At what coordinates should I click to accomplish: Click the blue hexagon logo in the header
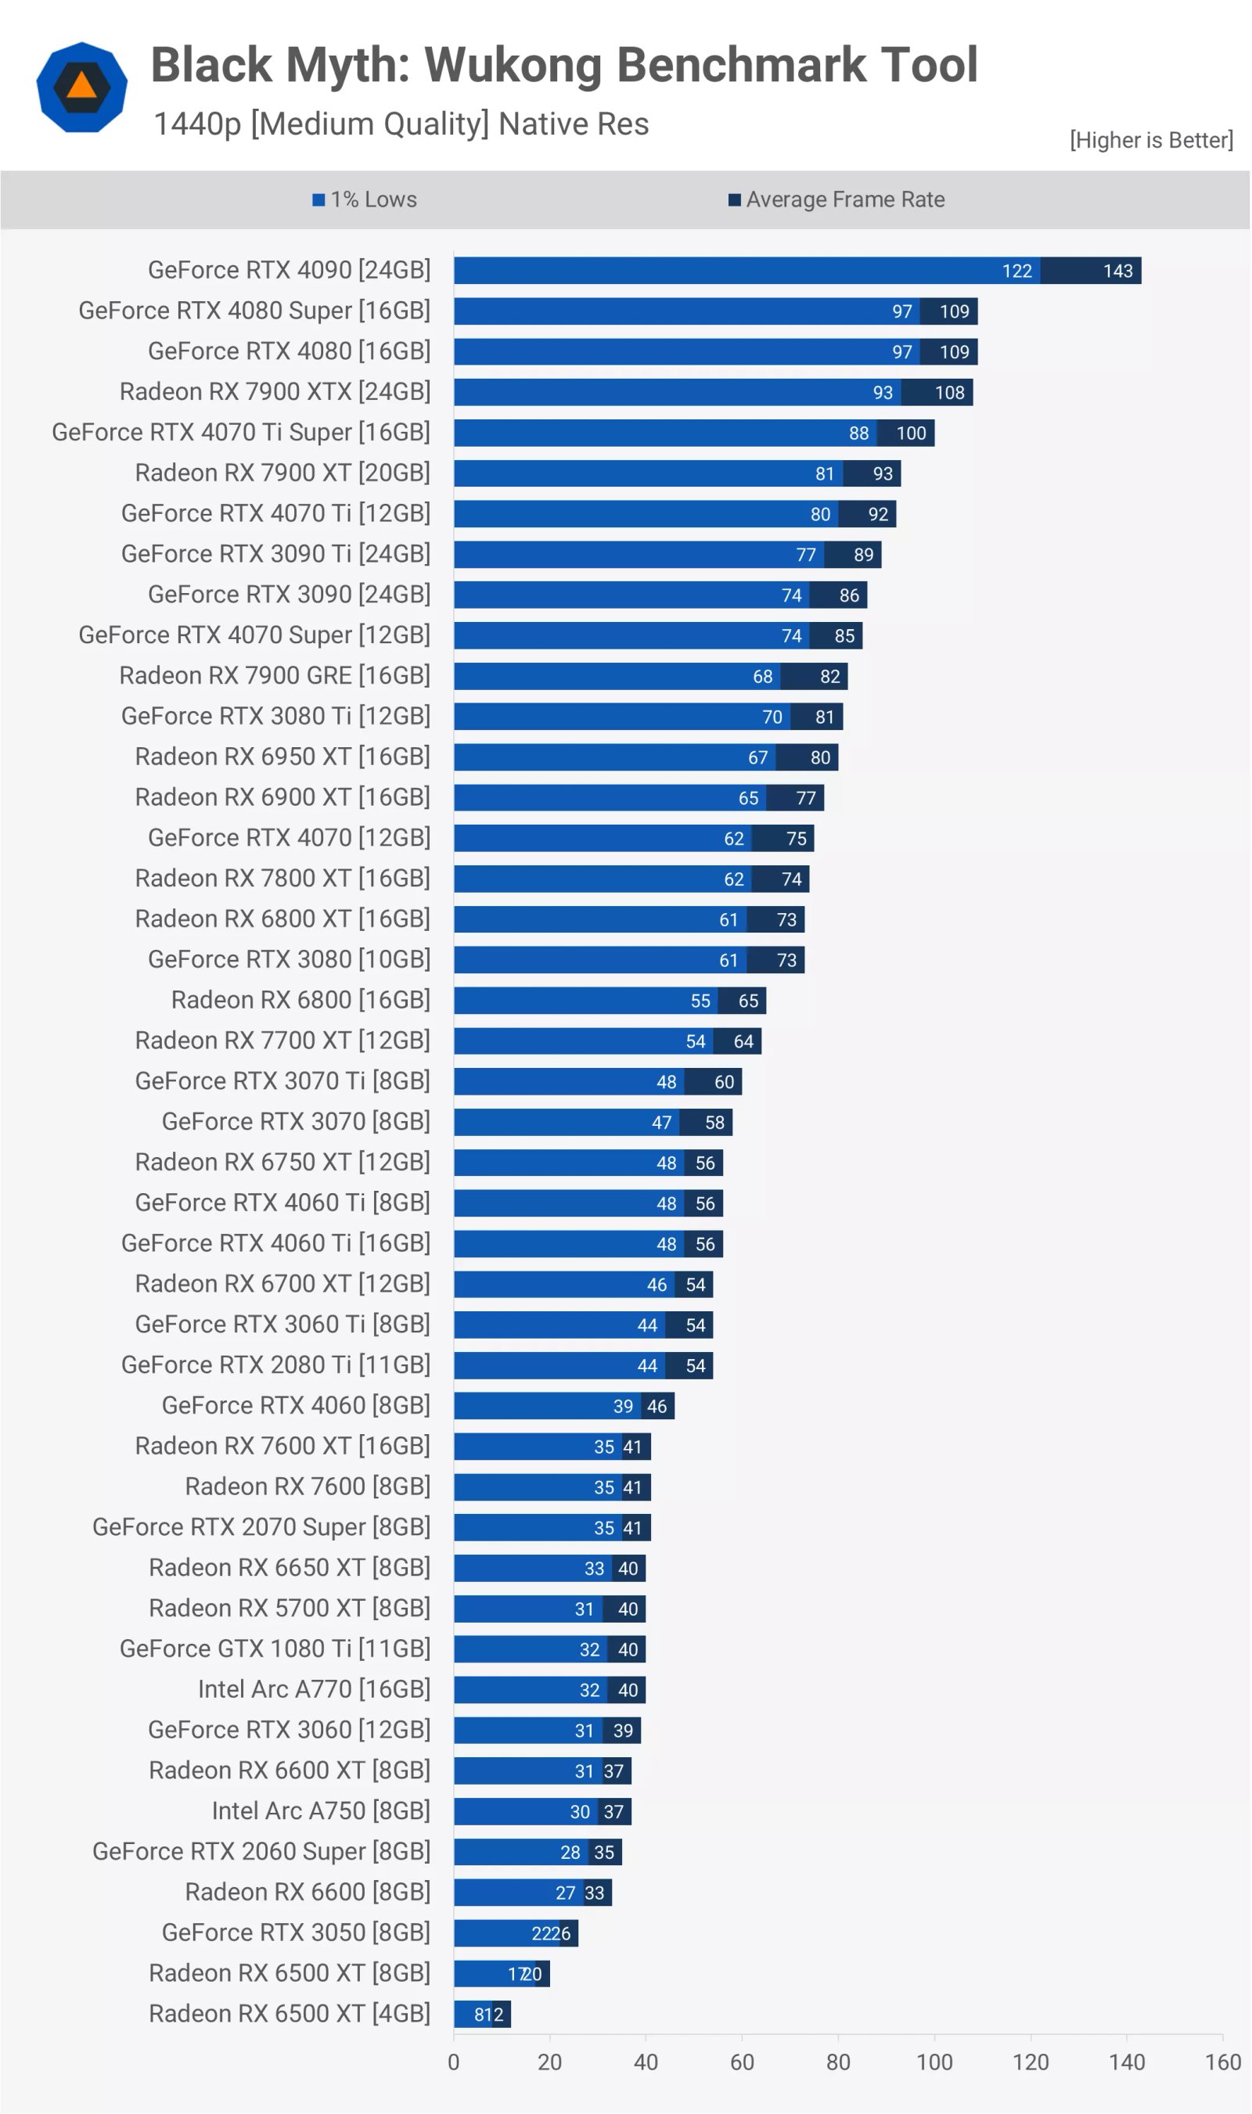click(82, 87)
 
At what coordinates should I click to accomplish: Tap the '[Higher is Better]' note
click(1151, 140)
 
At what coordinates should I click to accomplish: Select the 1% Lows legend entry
click(365, 200)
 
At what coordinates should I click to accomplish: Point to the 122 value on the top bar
click(1016, 271)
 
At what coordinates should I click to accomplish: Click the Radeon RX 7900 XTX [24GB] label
click(275, 391)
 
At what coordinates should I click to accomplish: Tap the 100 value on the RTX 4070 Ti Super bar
click(910, 433)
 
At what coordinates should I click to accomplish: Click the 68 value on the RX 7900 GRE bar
click(762, 677)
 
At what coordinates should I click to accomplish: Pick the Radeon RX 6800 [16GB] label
click(300, 1000)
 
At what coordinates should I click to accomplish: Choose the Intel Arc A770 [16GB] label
click(314, 1689)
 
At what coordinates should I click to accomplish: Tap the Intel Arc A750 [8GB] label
click(321, 1810)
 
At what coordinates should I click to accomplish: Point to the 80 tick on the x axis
click(837, 2062)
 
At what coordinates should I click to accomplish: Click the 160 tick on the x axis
click(1221, 2062)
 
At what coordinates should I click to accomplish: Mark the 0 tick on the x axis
click(454, 2062)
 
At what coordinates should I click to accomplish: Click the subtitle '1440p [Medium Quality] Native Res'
click(401, 124)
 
